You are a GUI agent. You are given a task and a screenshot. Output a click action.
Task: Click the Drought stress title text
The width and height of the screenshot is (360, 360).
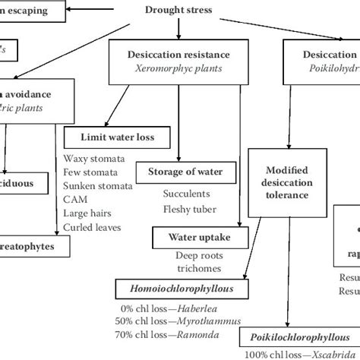pos(178,11)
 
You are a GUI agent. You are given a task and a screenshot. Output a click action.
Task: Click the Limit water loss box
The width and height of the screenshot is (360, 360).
pos(126,137)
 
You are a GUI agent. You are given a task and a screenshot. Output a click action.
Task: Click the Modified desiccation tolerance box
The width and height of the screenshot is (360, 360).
pos(286,181)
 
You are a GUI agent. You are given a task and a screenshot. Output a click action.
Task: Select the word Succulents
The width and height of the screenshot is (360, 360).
pos(187,193)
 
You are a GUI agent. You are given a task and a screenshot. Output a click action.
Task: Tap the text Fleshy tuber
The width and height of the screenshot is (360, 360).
pos(189,208)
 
